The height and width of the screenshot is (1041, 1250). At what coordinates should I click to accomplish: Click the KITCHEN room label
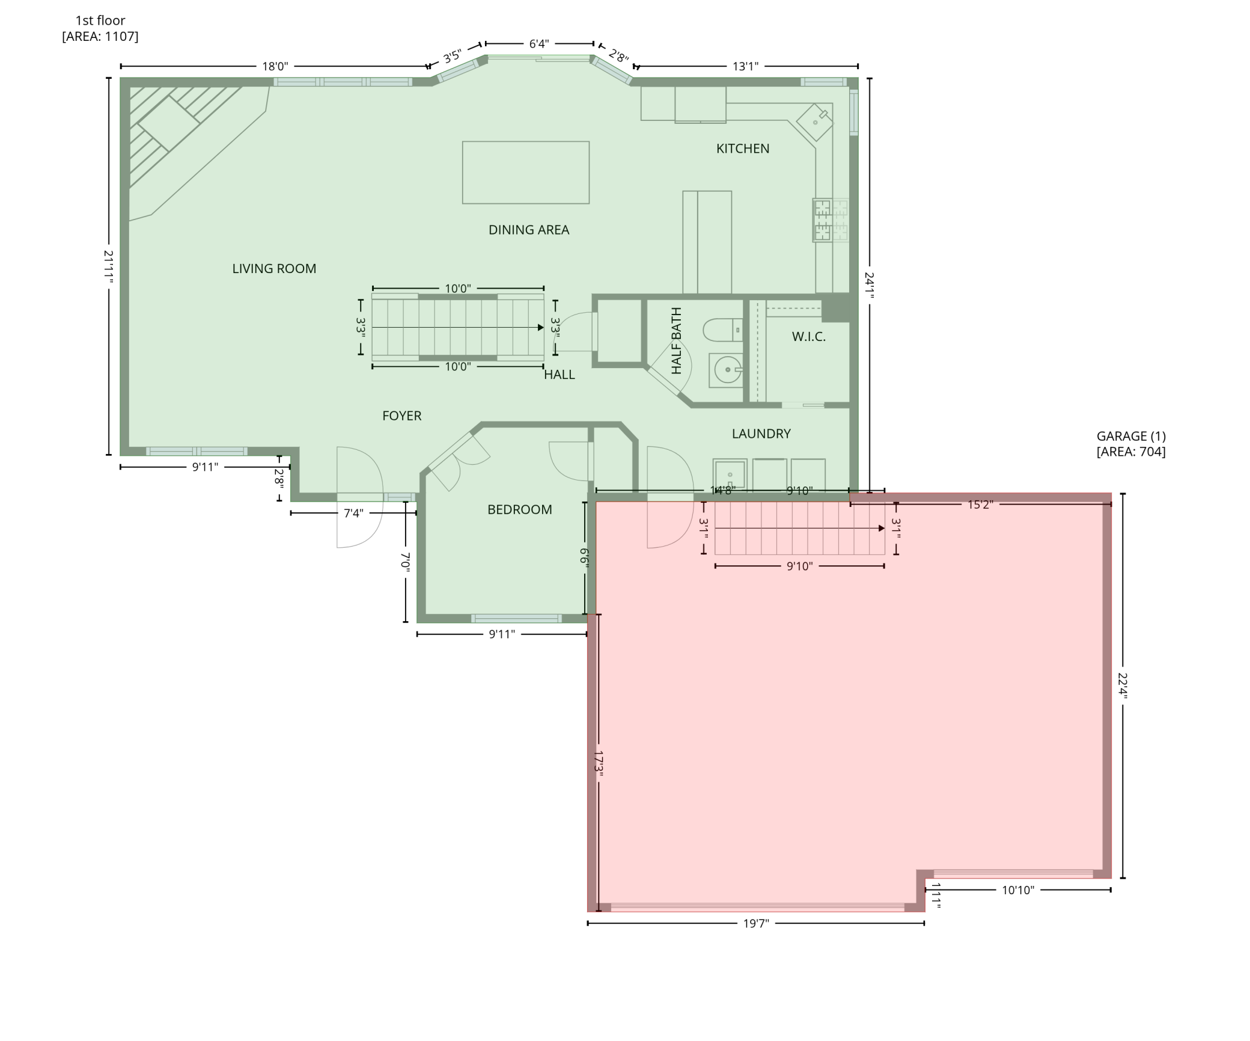pyautogui.click(x=742, y=149)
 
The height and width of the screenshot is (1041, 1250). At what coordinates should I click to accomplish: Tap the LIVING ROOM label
pyautogui.click(x=274, y=269)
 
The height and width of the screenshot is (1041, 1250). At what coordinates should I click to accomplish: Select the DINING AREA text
pyautogui.click(x=528, y=230)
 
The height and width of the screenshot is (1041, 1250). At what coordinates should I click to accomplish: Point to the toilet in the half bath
pyautogui.click(x=722, y=330)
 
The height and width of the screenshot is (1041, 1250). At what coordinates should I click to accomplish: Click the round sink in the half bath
pyautogui.click(x=727, y=370)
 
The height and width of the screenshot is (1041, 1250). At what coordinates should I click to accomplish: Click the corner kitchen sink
pyautogui.click(x=814, y=122)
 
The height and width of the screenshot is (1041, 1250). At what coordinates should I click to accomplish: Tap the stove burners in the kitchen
pyautogui.click(x=830, y=220)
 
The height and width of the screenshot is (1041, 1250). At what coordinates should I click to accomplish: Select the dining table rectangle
pyautogui.click(x=525, y=173)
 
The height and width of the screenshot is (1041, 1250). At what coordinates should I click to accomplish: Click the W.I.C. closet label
pyautogui.click(x=808, y=337)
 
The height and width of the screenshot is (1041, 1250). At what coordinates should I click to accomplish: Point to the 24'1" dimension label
pyautogui.click(x=869, y=283)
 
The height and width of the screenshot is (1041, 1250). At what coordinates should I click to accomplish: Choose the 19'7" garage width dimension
pyautogui.click(x=755, y=923)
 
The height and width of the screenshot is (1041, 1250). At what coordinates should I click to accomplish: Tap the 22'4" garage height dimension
pyautogui.click(x=1122, y=685)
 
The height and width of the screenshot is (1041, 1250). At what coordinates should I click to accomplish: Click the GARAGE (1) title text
pyautogui.click(x=1130, y=436)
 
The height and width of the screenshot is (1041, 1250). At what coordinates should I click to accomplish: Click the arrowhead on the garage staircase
pyautogui.click(x=881, y=528)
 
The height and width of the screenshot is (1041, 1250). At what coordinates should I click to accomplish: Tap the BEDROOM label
pyautogui.click(x=519, y=510)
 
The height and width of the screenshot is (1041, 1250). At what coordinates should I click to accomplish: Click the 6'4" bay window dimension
pyautogui.click(x=538, y=44)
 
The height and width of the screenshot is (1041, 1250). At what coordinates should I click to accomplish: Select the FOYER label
pyautogui.click(x=401, y=416)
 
